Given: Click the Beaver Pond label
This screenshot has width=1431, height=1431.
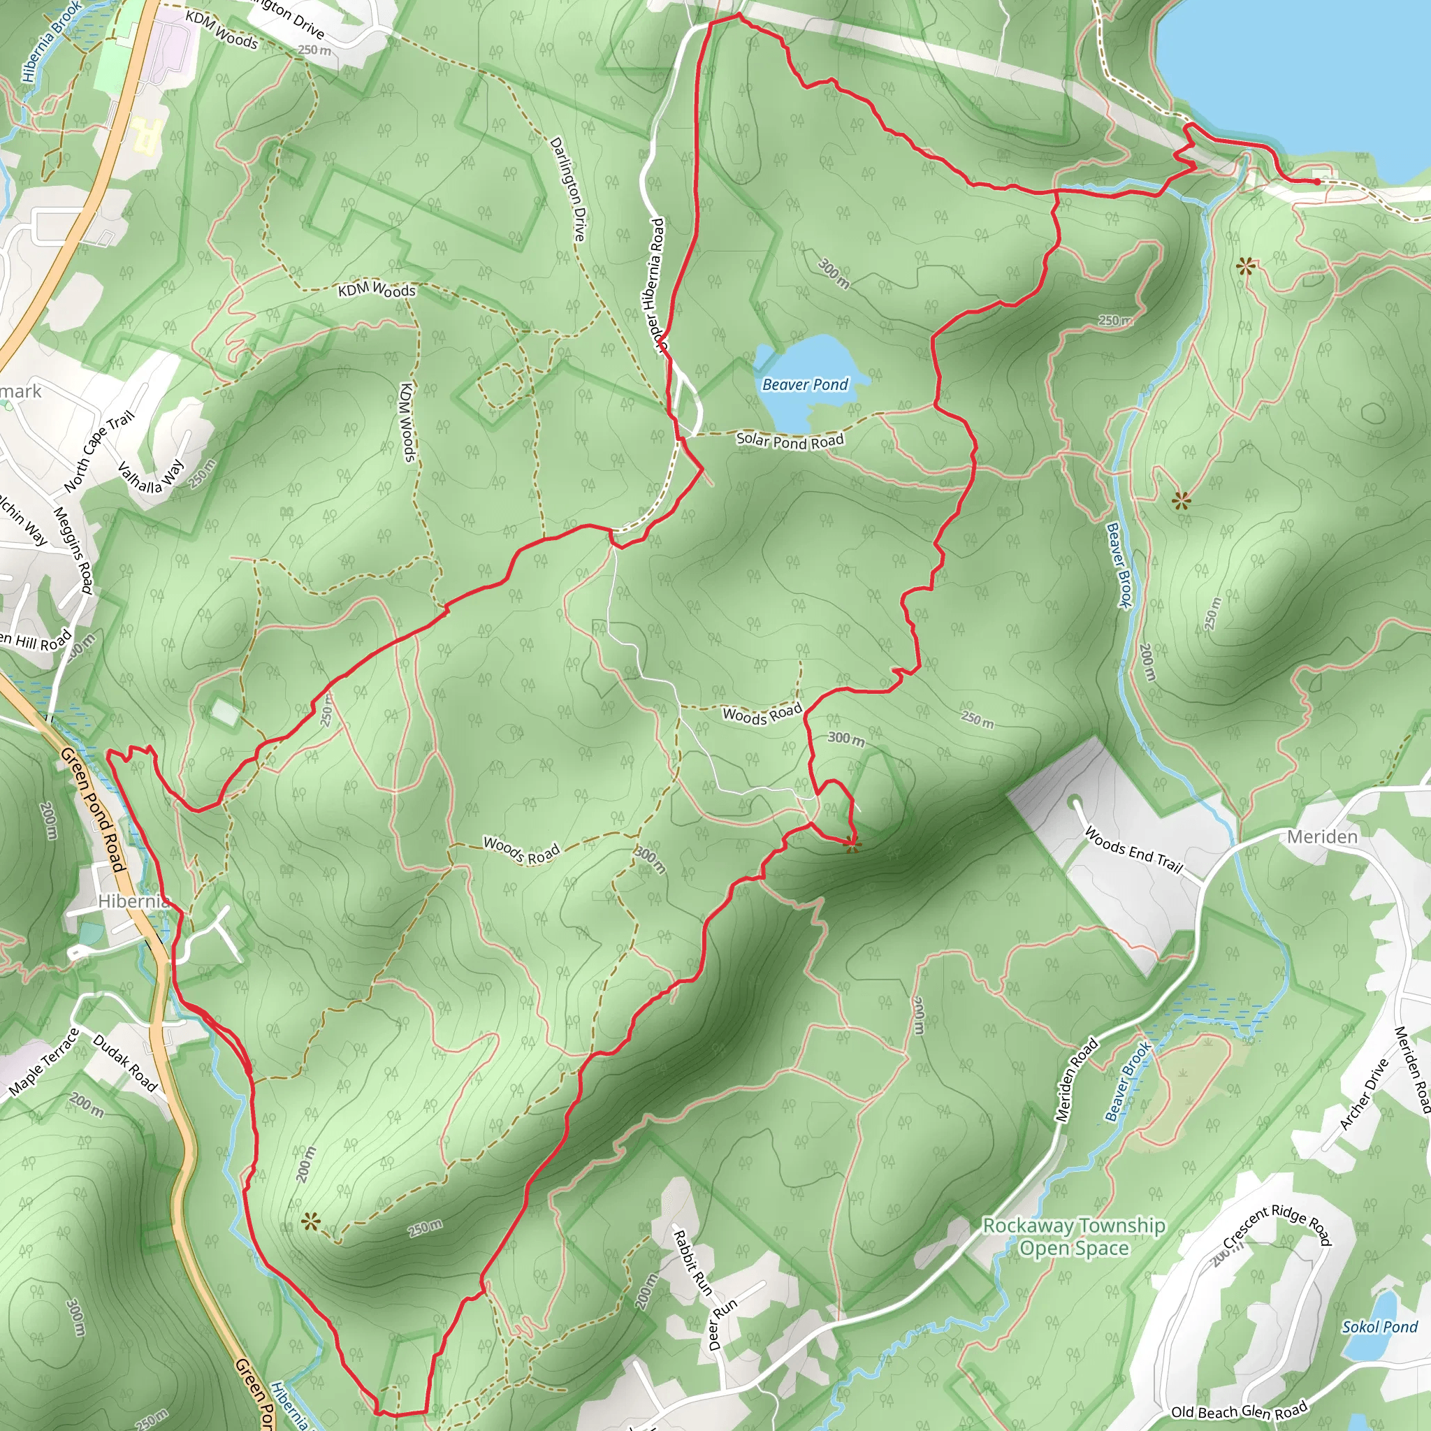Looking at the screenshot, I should point(804,384).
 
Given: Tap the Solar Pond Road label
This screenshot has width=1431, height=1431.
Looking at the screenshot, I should point(790,440).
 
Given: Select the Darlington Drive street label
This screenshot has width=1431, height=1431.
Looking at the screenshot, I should point(568,189).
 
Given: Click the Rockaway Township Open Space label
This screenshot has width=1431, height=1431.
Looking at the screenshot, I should point(1074,1237).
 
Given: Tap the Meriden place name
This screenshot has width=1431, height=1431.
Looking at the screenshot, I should point(1322,837).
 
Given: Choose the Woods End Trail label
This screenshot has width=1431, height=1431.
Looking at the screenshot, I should point(1133,850).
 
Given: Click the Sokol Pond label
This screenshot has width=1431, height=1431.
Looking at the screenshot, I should point(1379,1327).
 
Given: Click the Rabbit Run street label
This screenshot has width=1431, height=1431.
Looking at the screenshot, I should point(692,1263).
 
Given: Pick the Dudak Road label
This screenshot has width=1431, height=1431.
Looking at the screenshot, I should point(125,1063).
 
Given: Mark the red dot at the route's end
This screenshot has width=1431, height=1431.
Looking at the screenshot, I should point(1317,182).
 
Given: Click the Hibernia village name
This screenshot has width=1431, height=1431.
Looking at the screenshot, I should point(133,901).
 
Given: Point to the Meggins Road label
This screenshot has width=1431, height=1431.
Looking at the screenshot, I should point(73,550).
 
